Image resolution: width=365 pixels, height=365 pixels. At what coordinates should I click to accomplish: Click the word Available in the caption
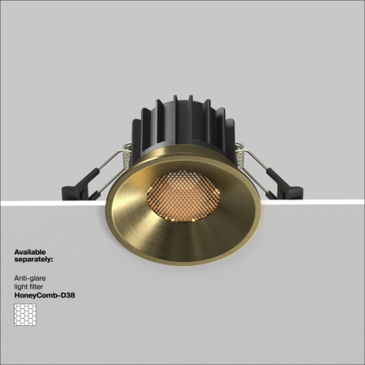30,252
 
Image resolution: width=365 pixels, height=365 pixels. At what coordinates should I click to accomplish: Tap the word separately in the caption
34,261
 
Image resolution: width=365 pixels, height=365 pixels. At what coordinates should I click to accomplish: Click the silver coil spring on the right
242,152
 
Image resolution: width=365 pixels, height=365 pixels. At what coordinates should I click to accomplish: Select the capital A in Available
16,252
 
